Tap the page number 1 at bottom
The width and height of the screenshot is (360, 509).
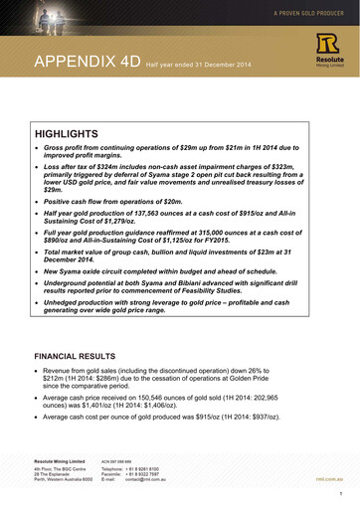pos(340,493)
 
